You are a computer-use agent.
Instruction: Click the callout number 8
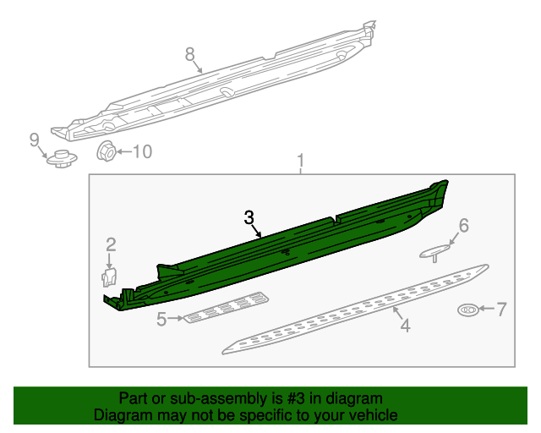[x=190, y=55]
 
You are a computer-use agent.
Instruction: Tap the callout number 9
[x=35, y=140]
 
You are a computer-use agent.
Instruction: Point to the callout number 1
[x=299, y=161]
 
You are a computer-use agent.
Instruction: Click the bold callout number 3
[x=249, y=217]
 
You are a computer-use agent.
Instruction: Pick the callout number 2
[x=111, y=245]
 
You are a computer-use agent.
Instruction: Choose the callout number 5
[x=161, y=319]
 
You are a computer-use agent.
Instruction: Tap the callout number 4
[x=405, y=326]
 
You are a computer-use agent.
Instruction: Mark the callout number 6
[x=462, y=225]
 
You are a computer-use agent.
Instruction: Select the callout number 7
[x=501, y=310]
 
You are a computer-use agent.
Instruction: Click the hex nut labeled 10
[x=107, y=152]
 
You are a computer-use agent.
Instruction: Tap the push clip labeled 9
[x=58, y=157]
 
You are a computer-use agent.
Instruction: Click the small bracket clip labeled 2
[x=108, y=277]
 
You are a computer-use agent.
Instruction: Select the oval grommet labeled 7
[x=467, y=310]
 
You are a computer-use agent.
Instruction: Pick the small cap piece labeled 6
[x=436, y=251]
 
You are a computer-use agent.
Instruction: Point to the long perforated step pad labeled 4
[x=355, y=309]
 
